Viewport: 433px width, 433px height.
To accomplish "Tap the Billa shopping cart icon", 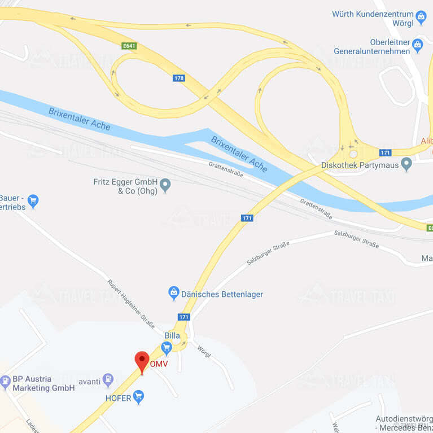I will click(167, 347).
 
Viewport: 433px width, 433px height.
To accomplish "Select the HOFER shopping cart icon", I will click(138, 397).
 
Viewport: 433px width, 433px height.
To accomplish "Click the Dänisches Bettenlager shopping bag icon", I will click(174, 294).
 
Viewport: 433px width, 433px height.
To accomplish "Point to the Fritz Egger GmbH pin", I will click(165, 185).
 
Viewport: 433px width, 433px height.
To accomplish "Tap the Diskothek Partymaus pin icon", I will click(406, 164).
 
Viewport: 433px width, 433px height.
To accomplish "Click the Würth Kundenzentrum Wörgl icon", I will click(421, 17).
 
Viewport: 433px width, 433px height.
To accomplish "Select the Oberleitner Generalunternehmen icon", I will click(417, 44).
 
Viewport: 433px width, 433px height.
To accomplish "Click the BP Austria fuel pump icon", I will click(6, 382).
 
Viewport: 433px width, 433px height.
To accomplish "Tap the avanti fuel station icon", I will click(108, 380).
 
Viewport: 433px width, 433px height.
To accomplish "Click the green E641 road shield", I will click(129, 46).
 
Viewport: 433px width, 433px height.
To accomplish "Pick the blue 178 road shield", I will click(179, 78).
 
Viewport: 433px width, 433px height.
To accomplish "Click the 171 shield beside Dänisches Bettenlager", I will click(183, 317).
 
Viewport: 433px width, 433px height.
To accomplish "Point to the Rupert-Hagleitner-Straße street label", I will click(131, 304).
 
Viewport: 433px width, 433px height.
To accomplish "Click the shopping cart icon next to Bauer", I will click(33, 201).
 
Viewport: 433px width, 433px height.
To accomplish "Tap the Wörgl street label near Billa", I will click(203, 351).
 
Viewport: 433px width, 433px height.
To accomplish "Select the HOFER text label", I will click(118, 398).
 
